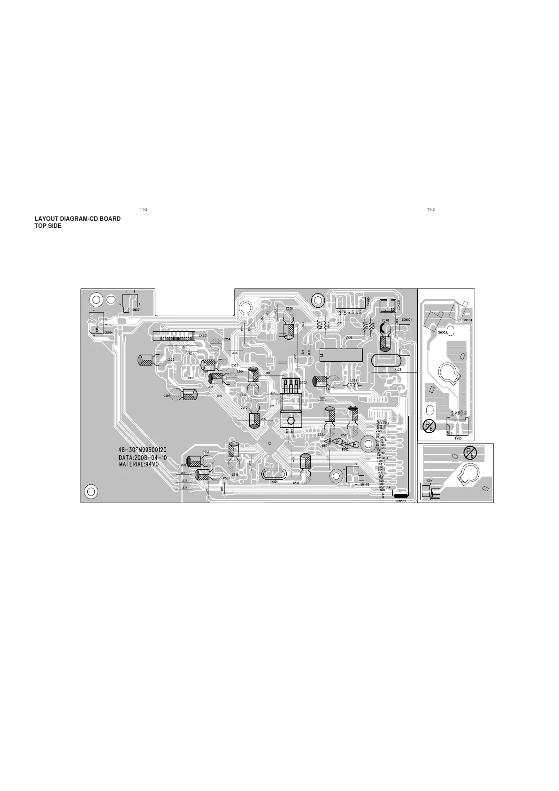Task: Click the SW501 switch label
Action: pos(136,310)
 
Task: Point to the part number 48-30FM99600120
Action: pos(143,450)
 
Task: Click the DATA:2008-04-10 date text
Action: pos(143,457)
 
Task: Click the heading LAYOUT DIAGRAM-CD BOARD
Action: pos(77,219)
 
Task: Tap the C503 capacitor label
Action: pos(170,360)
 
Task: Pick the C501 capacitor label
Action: pos(167,396)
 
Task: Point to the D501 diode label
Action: pos(325,446)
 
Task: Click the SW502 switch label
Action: pos(365,484)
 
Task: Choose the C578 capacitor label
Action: pos(385,320)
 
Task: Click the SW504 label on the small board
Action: pos(467,320)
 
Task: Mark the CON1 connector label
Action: pos(430,481)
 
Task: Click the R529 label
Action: pos(398,370)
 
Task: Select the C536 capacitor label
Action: pos(206,452)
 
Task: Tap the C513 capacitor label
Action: pos(296,483)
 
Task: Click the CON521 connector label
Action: pos(406,320)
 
